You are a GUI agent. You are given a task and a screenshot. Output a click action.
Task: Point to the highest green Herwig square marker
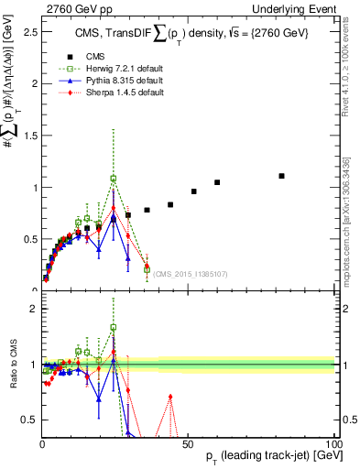tap(114, 179)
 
